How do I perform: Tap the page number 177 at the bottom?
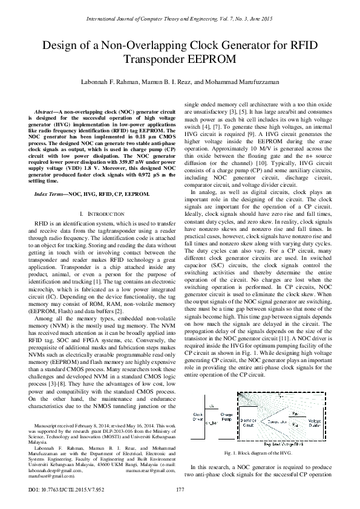tap(180, 489)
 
